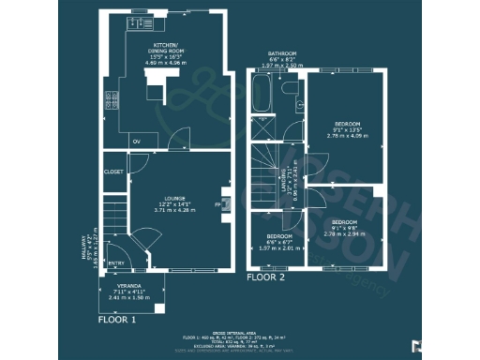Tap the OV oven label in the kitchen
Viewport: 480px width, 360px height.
click(x=138, y=141)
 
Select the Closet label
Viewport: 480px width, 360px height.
click(x=114, y=172)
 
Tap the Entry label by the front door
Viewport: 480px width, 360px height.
click(x=115, y=263)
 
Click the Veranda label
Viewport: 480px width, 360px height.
click(x=129, y=285)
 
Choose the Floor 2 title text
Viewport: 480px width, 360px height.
click(x=265, y=277)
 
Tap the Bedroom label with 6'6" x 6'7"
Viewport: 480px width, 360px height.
click(x=279, y=236)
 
